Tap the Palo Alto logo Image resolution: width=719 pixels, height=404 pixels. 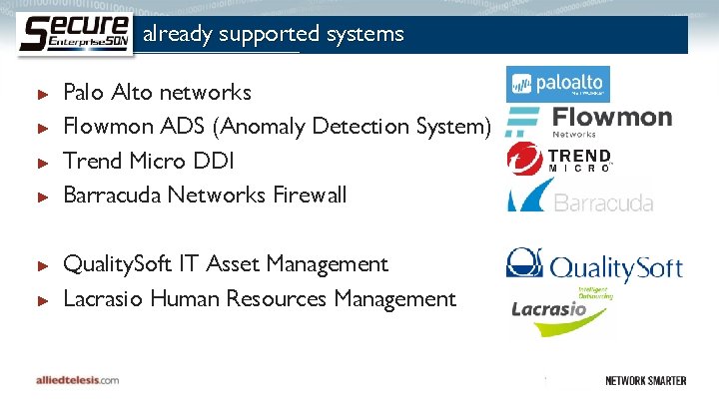coord(558,84)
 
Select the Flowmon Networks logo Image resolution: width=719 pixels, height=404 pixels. coord(589,120)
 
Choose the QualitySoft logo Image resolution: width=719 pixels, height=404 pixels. coord(593,264)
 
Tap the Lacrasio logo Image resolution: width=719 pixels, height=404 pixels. coord(560,311)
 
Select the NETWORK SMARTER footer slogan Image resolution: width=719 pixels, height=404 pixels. coord(644,380)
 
